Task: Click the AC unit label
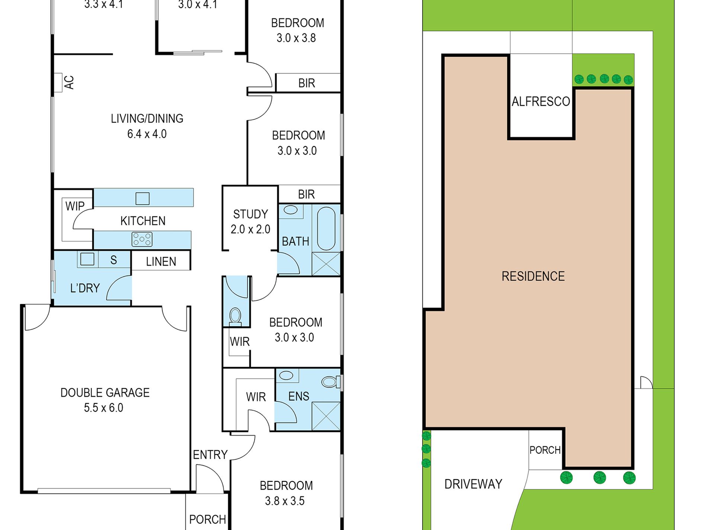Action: [69, 82]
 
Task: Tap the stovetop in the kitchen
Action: [142, 239]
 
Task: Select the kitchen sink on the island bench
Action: [143, 199]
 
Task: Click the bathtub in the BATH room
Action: [326, 228]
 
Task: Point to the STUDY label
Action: [250, 214]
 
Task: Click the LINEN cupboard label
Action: [161, 262]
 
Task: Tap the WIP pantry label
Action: [75, 206]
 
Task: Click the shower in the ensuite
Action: [326, 416]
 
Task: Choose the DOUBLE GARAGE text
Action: [105, 393]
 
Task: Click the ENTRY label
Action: [210, 454]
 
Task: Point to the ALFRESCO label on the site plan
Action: [541, 102]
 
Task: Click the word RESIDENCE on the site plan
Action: [533, 276]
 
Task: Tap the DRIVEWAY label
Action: [473, 484]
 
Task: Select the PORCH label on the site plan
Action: [545, 450]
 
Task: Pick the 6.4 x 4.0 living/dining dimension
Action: [147, 134]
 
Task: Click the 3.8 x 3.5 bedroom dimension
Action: [285, 501]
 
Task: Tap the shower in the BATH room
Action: [326, 264]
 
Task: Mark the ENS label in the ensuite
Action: [299, 396]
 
